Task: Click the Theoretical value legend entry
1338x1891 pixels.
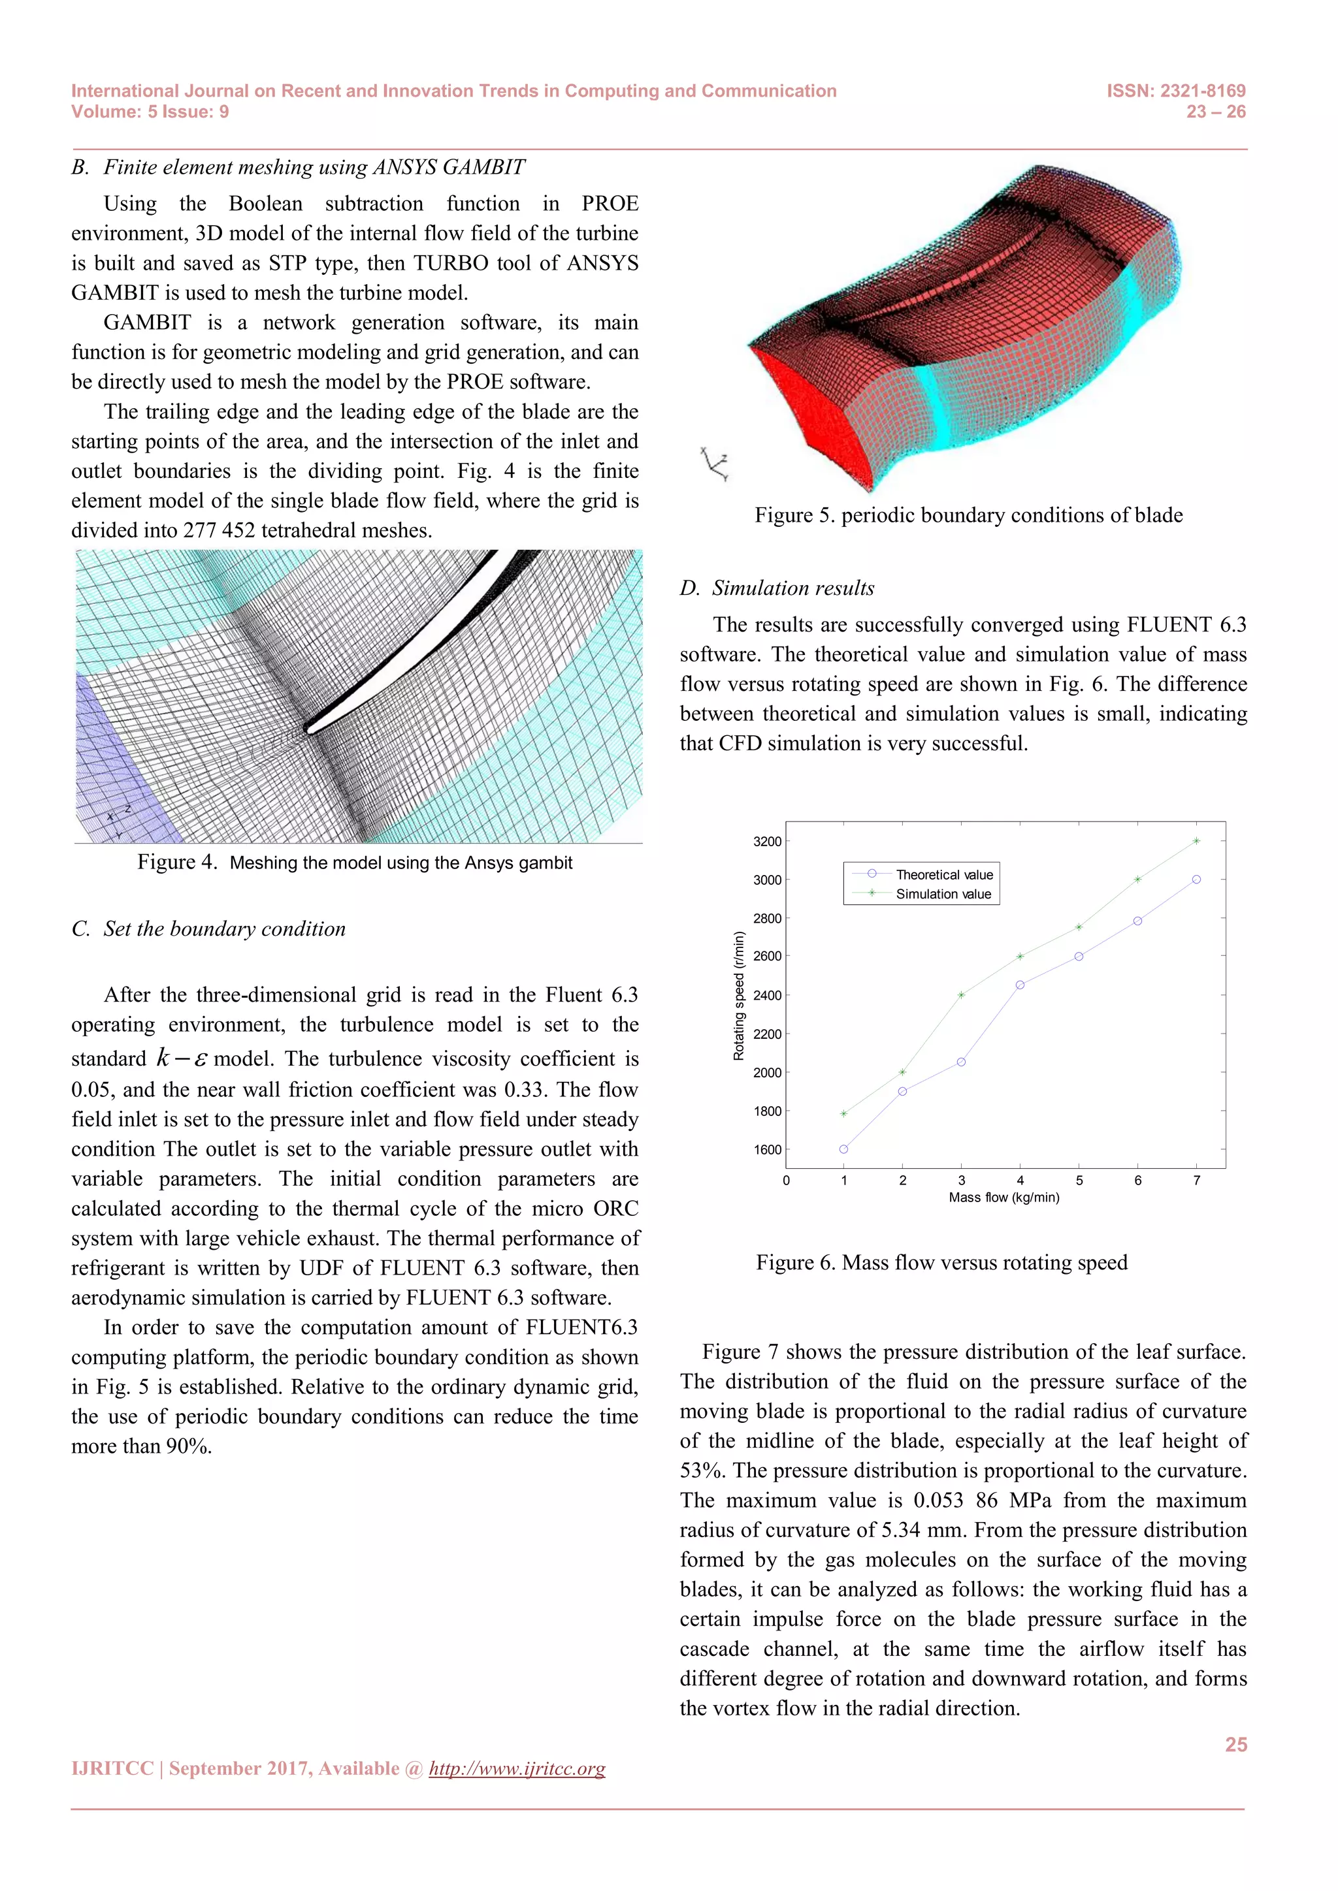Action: click(x=943, y=875)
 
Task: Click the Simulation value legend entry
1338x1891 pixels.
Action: click(x=943, y=895)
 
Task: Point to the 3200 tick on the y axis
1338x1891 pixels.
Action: click(x=767, y=842)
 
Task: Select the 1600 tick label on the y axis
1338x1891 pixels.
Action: click(x=767, y=1150)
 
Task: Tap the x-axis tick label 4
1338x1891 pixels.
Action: click(x=1020, y=1180)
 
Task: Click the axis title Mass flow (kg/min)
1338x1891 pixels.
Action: click(x=1003, y=1198)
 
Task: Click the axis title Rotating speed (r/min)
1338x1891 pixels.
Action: click(x=739, y=996)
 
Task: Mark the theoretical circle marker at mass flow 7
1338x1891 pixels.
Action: click(x=1196, y=880)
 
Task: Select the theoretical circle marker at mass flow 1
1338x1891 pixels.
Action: click(x=843, y=1149)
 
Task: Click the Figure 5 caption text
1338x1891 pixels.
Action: click(x=968, y=516)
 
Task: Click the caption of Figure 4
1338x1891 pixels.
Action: click(x=354, y=863)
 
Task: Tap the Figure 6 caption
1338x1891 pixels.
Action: click(x=941, y=1263)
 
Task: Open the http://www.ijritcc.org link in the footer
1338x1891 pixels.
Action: click(x=517, y=1768)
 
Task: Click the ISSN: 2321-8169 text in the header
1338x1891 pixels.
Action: click(x=1176, y=91)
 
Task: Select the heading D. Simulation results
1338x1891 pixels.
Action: click(x=777, y=588)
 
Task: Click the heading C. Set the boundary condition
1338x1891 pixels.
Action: click(x=208, y=929)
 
